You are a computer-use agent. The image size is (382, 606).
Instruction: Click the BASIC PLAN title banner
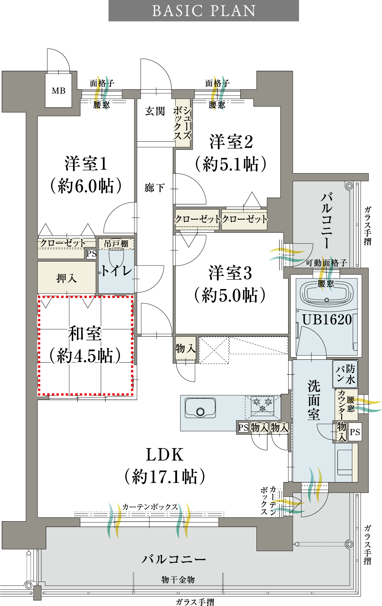[x=204, y=11]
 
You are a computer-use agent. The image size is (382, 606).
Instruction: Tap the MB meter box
[x=59, y=91]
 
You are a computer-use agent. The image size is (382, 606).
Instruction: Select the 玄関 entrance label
[x=155, y=111]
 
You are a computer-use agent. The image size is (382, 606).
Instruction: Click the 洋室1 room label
[x=86, y=163]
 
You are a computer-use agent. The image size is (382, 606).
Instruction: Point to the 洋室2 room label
[x=231, y=142]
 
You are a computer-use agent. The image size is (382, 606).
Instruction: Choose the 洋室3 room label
[x=230, y=273]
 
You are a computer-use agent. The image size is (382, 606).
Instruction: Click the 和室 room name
[x=85, y=333]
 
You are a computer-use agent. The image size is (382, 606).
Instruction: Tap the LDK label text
[x=165, y=454]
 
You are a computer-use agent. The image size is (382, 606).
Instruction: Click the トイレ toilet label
[x=116, y=271]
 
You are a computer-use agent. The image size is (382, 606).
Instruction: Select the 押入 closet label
[x=67, y=278]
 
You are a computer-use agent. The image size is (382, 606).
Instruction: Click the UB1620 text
[x=327, y=319]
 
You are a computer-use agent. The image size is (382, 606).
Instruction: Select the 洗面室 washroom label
[x=314, y=400]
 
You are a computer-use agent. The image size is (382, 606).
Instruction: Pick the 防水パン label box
[x=345, y=374]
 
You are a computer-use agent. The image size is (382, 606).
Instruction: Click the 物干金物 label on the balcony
[x=178, y=579]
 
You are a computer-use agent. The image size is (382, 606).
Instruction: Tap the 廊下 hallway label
[x=155, y=188]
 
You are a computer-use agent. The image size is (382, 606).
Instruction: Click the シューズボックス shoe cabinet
[x=182, y=123]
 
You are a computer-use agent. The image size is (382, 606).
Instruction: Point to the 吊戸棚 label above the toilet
[x=116, y=244]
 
